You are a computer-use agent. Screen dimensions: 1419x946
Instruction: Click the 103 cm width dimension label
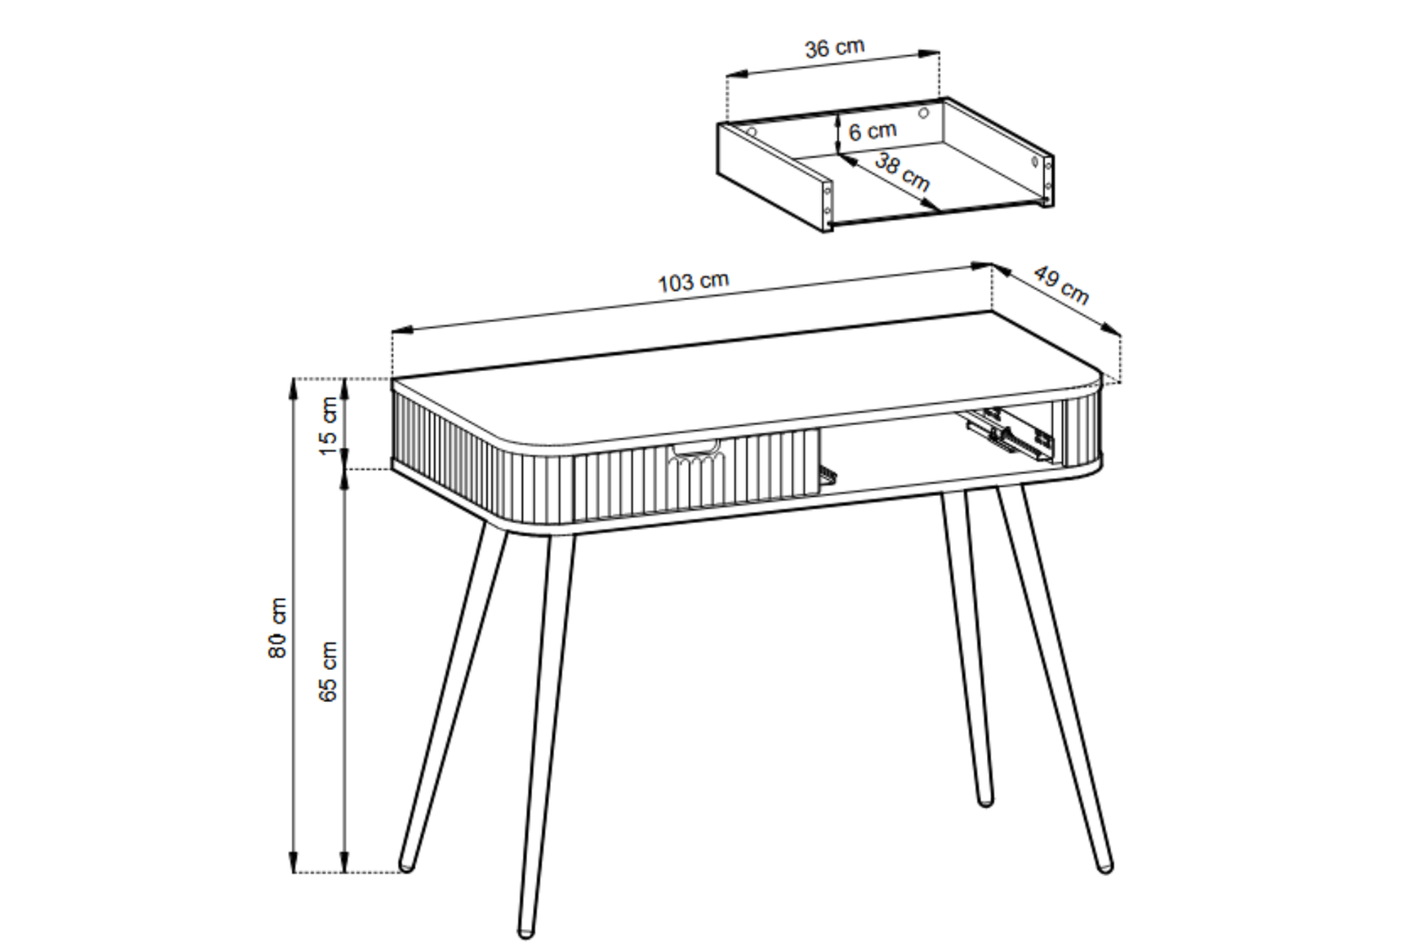tap(694, 282)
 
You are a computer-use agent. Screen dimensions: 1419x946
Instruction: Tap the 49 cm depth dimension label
tap(1061, 285)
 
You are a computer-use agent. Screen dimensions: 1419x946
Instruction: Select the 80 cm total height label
tap(278, 627)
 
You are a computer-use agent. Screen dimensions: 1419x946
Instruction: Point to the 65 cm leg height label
tap(328, 672)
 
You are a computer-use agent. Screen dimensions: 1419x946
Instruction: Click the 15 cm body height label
tap(328, 425)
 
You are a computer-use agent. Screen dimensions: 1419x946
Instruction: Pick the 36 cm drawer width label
tap(835, 48)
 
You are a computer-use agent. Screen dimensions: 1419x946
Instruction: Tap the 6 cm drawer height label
tap(873, 131)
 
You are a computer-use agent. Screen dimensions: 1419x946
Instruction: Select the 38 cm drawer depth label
tap(902, 172)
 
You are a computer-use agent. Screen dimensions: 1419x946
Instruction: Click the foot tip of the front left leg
tap(526, 933)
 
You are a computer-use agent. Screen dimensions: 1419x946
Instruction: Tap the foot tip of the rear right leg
tap(985, 800)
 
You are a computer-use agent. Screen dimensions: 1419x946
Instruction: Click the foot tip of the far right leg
tap(1105, 867)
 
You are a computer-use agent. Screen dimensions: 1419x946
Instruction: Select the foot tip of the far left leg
tap(406, 864)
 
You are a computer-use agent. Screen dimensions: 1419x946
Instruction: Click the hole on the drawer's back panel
tap(923, 114)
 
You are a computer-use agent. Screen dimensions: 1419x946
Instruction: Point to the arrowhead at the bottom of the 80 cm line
tap(294, 863)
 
